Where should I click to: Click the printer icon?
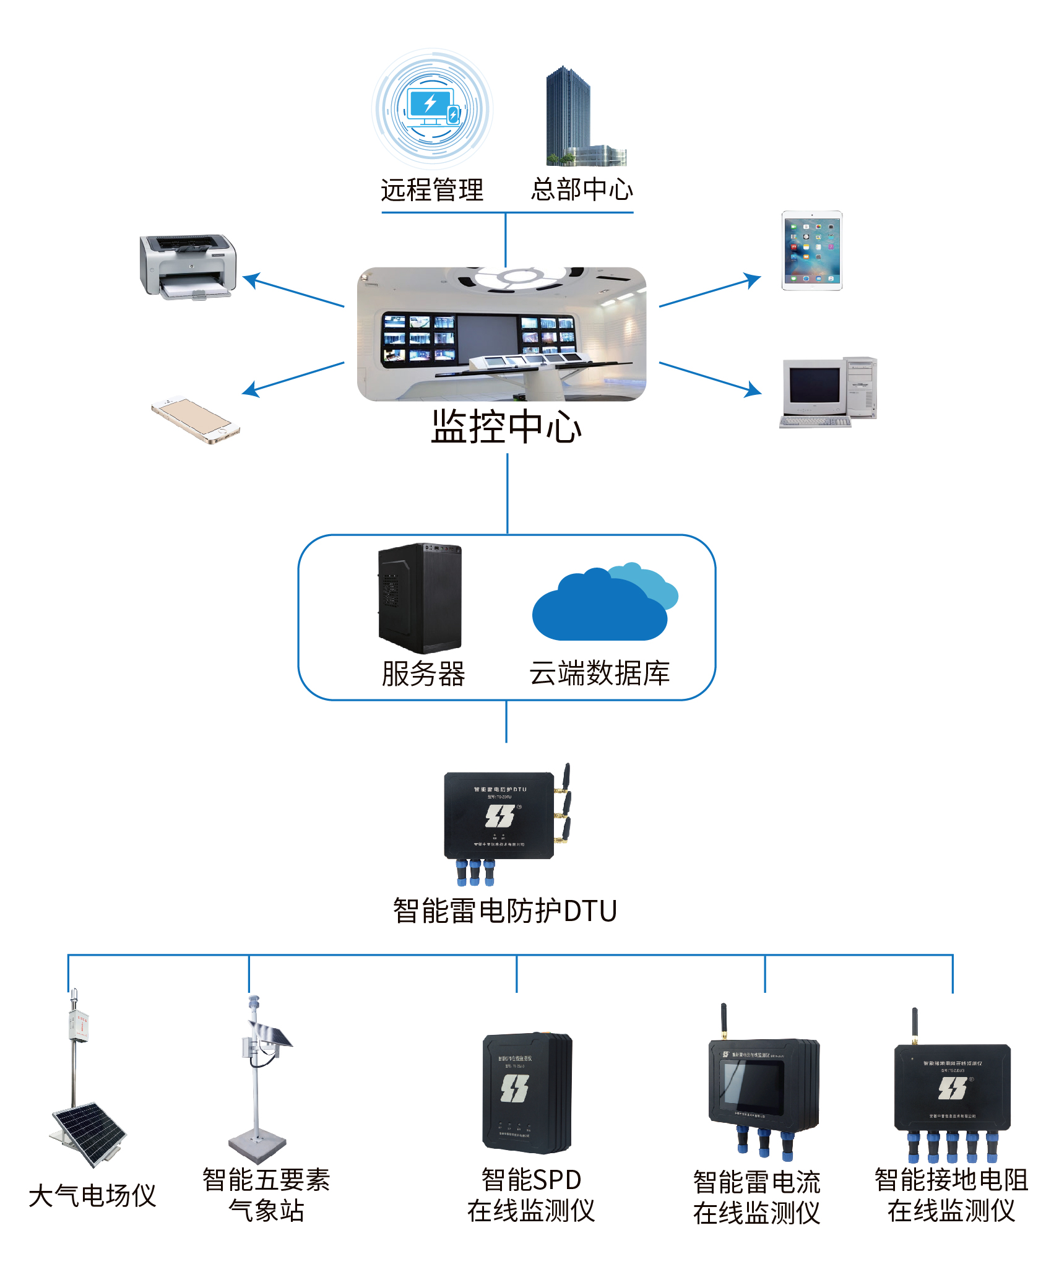188,266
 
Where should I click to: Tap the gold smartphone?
196,420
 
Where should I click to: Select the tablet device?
811,251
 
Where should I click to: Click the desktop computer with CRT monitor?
828,392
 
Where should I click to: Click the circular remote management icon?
432,109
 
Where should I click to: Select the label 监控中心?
506,426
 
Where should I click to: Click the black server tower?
420,598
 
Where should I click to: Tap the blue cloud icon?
603,604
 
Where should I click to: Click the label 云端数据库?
599,673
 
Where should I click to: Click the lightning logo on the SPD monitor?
514,1088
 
